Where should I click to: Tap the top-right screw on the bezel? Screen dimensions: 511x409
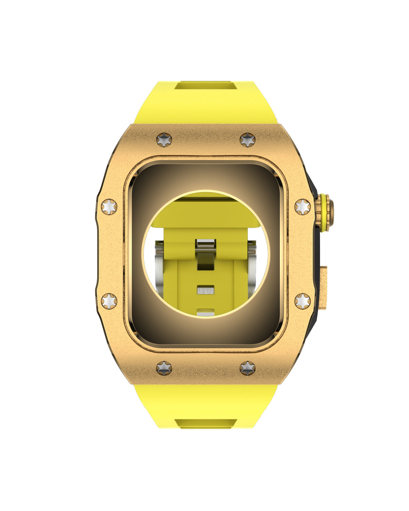247,140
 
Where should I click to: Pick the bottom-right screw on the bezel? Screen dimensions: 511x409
247,368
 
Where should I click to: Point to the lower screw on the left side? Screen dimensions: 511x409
109,301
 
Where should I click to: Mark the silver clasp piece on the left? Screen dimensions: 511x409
160,266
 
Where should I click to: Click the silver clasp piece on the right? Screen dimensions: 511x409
252,266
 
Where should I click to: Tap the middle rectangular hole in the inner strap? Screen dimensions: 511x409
206,290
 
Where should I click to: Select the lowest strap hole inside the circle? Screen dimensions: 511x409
206,312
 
